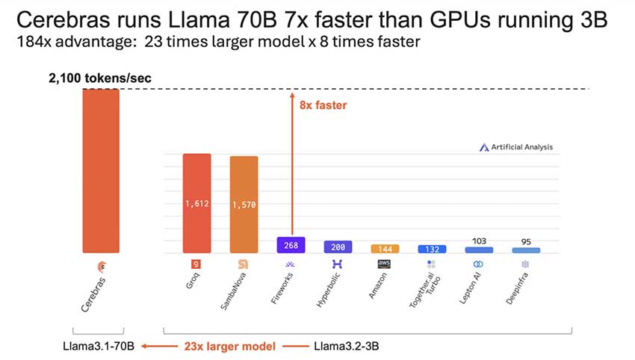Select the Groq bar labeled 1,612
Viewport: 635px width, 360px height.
click(197, 203)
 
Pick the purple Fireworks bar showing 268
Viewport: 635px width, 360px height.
click(291, 245)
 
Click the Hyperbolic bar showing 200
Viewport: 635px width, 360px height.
click(338, 246)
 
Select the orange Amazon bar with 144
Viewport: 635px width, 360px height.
click(385, 248)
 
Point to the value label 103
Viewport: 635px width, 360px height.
click(479, 240)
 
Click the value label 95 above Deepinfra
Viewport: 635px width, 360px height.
click(526, 241)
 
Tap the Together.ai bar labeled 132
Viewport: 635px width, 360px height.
click(432, 249)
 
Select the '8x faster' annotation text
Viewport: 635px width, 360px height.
click(323, 105)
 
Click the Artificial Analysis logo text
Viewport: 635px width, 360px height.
click(521, 147)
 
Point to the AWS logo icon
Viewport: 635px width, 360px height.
click(385, 264)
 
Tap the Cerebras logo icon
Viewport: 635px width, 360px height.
click(101, 265)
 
